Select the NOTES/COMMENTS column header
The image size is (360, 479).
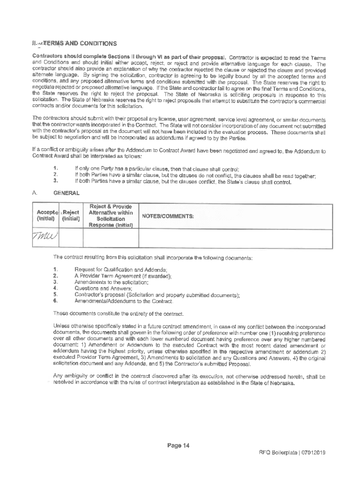[169, 216]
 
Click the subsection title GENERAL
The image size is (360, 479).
[67, 193]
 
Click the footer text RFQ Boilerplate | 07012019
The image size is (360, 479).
[292, 453]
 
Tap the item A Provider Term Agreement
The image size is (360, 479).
[122, 276]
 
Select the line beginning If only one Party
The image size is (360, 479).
[157, 169]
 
